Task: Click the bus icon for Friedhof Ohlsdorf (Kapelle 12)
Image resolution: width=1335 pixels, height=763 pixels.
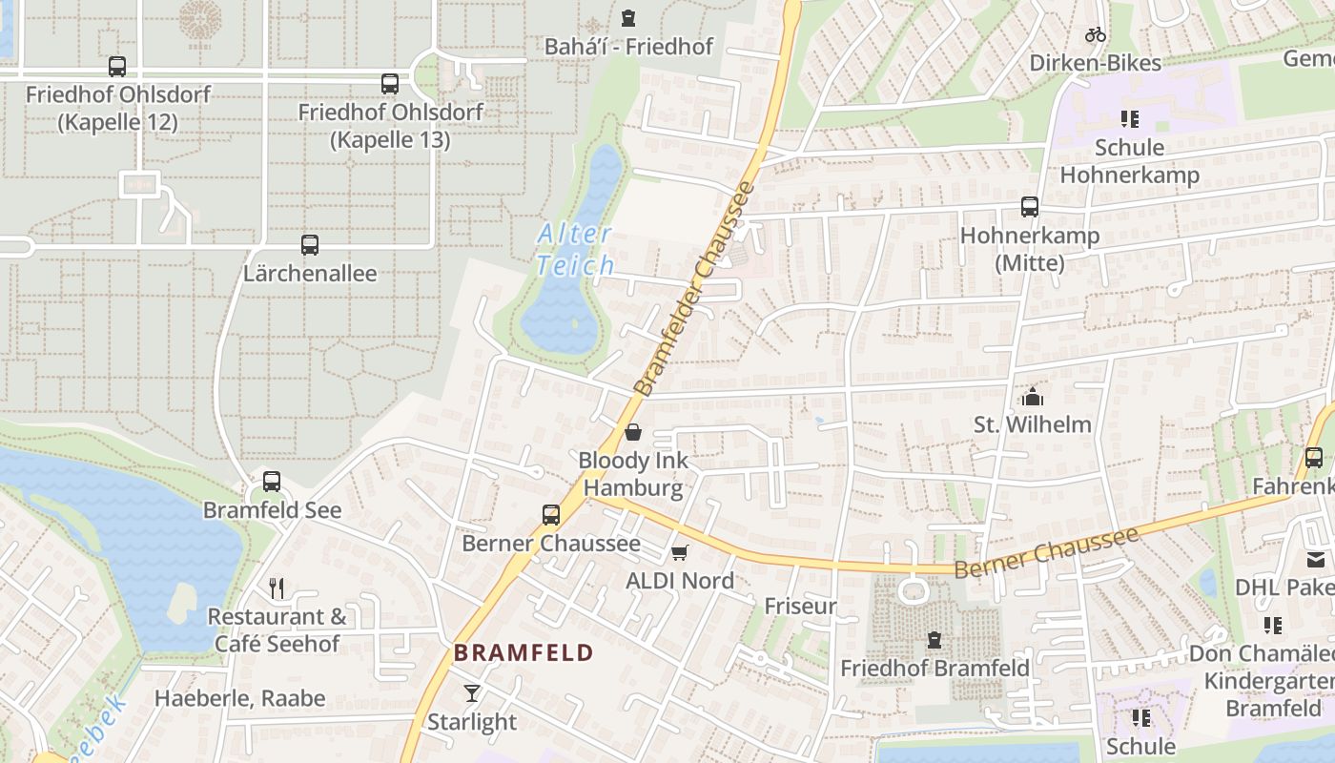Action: coord(117,67)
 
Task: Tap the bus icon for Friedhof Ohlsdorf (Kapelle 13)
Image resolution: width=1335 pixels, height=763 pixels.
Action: coord(389,84)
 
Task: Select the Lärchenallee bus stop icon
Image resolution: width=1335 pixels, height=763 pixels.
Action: coord(310,245)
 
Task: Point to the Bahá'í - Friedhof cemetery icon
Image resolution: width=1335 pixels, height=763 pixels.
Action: coord(628,18)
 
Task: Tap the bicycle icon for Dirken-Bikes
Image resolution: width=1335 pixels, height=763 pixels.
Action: coord(1096,35)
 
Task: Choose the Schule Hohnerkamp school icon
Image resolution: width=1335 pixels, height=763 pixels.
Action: coord(1130,119)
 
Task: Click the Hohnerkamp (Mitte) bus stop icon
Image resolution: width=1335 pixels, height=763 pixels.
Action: coord(1030,207)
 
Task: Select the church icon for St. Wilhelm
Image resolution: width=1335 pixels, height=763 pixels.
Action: coord(1032,396)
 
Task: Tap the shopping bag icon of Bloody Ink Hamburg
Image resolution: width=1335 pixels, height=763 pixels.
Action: coord(633,433)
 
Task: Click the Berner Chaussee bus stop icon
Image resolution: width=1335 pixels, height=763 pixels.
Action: coord(551,515)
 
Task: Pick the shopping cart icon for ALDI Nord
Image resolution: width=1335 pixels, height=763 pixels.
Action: coord(680,553)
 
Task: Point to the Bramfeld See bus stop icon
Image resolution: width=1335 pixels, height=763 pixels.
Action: coord(272,482)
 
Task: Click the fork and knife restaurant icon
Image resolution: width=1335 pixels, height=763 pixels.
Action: coord(277,588)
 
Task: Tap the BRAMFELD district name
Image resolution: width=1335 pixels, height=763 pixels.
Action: coord(524,653)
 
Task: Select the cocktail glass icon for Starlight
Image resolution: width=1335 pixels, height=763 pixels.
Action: coord(472,693)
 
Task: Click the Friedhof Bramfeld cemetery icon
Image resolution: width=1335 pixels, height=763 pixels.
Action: coord(934,640)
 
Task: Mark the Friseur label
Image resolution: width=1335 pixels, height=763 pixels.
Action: coord(800,606)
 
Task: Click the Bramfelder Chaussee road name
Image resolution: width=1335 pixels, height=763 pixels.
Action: coord(694,288)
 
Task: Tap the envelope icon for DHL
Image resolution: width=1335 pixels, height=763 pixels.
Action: coord(1316,560)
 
